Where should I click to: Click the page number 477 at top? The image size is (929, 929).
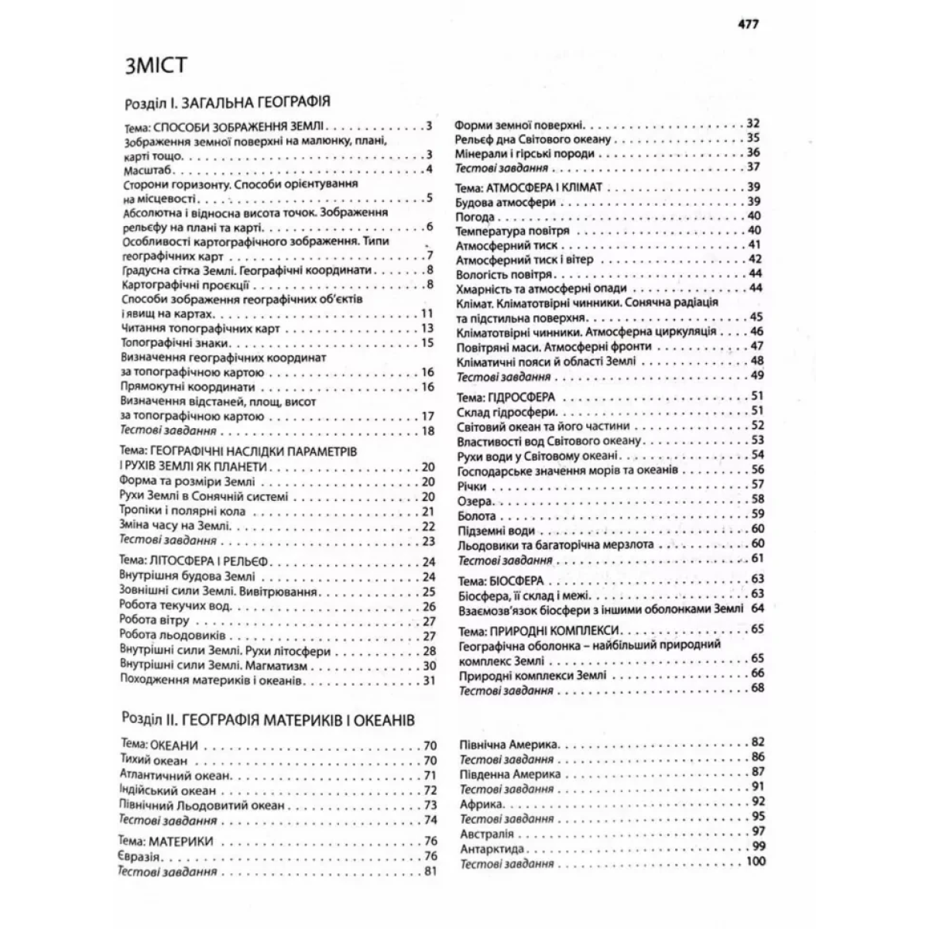pos(748,23)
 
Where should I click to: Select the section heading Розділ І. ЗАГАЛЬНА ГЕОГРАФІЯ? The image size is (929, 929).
pos(228,102)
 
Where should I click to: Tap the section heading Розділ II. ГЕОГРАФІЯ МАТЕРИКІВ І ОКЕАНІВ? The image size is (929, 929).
pos(269,719)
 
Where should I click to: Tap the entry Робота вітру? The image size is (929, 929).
pos(155,620)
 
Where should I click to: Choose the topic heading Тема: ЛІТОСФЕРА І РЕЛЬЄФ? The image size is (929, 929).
pos(194,561)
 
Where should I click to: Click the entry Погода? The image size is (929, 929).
pos(475,216)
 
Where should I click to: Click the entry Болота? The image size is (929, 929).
pos(477,515)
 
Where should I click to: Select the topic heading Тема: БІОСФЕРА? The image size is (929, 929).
pos(501,579)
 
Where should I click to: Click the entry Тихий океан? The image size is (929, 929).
pos(154,761)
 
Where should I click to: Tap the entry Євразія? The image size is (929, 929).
pos(140,856)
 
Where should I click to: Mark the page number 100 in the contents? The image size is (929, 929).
pos(753,862)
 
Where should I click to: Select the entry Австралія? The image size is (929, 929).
pos(487,834)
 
